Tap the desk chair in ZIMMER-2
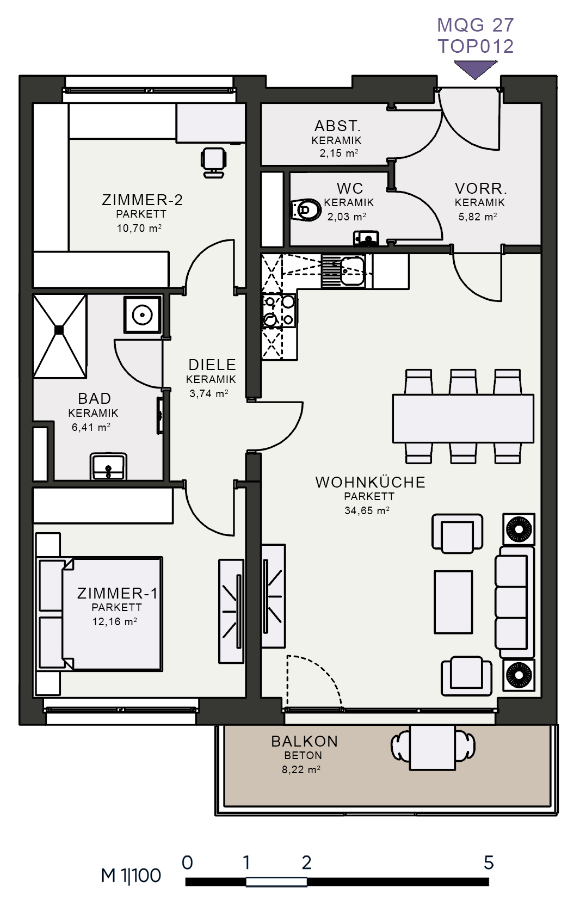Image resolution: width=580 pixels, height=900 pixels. (213, 162)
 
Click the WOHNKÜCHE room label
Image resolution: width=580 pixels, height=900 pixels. (370, 482)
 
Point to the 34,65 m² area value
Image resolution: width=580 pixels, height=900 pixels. (367, 510)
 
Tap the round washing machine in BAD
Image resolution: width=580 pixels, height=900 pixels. (142, 315)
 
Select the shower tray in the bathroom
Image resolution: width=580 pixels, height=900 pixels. (59, 336)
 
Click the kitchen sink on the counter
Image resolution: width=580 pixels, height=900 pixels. (343, 271)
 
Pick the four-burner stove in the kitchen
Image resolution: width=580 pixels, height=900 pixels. (279, 311)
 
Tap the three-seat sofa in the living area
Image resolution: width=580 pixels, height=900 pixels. (515, 602)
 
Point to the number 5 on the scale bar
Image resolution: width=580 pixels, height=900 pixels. (489, 862)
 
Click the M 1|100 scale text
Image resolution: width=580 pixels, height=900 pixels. (131, 876)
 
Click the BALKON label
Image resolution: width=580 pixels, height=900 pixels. (304, 741)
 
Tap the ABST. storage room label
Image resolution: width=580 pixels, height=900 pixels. (337, 126)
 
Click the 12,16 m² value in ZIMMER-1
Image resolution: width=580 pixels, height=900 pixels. (115, 621)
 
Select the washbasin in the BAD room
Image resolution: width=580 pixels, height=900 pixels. (108, 466)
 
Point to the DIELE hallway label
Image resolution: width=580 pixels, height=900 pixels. (212, 365)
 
